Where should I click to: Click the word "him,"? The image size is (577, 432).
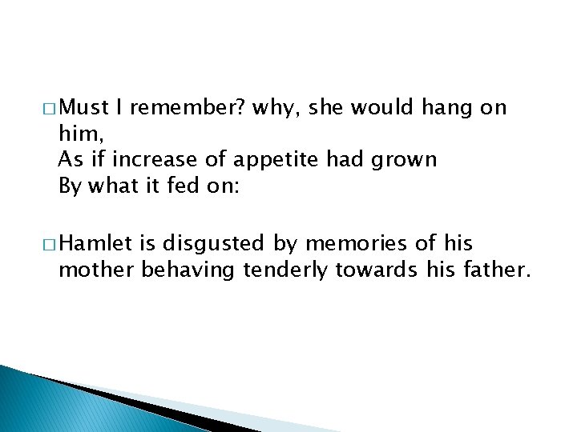point(78,134)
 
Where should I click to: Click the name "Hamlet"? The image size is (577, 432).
point(91,244)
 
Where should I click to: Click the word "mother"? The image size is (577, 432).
point(97,270)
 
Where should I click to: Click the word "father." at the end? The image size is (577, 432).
point(497,270)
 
